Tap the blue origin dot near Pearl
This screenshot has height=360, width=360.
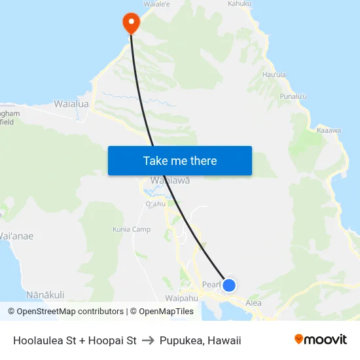pos(229,285)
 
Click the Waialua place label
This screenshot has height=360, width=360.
pos(71,103)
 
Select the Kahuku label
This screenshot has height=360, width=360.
pos(239,4)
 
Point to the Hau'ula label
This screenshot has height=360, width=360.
pos(274,75)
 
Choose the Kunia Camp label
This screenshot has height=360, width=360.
pos(132,229)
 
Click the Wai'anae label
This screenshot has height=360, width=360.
pos(16,236)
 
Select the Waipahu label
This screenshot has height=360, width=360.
pos(181,298)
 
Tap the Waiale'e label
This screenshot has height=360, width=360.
pos(156,3)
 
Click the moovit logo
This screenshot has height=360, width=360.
pos(321,339)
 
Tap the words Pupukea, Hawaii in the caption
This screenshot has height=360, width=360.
pos(200,340)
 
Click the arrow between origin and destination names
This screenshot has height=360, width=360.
pos(148,340)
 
